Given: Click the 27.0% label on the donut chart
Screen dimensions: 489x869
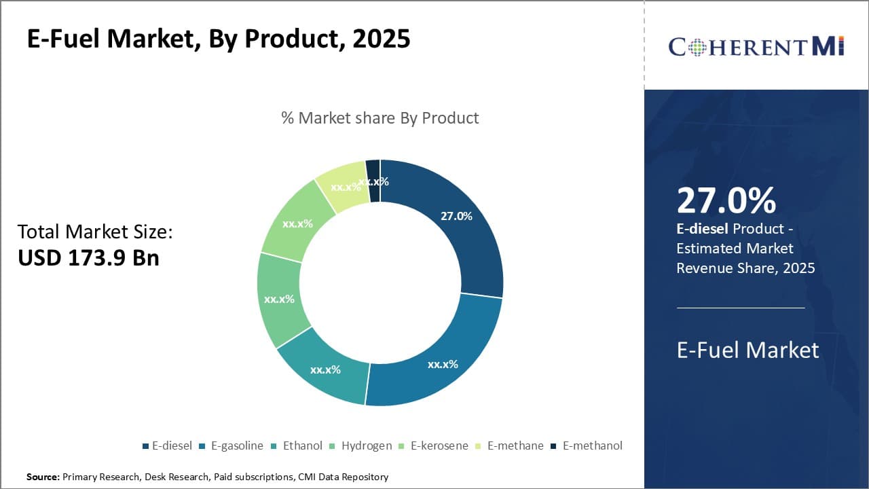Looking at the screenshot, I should pos(456,216).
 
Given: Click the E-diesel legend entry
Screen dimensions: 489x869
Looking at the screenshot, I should pos(168,446).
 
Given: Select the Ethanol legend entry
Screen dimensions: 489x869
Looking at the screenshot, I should pos(298,446).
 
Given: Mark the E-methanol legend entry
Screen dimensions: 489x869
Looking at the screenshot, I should pos(587,446).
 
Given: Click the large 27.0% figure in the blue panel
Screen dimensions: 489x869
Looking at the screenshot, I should pos(726,201).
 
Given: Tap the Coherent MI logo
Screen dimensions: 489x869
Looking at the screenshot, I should pos(756,46).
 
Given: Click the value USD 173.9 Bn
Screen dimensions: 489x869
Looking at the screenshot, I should pos(88,258).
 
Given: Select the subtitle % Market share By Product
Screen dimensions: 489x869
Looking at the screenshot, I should pos(380,117).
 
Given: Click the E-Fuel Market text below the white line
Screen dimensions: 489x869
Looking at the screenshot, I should pos(747,350).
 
